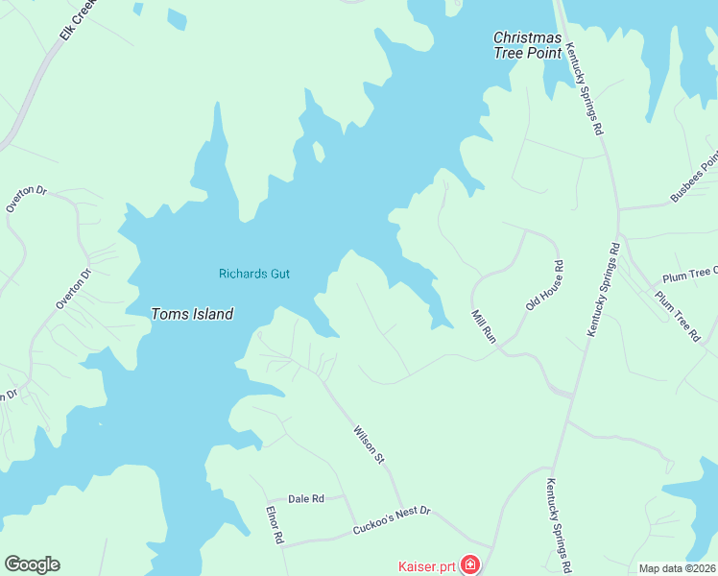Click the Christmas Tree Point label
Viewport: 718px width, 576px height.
[527, 45]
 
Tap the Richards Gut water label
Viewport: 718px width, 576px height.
[254, 274]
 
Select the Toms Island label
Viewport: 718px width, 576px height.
[192, 314]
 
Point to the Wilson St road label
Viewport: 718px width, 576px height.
[369, 445]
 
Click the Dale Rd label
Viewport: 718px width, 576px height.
[306, 498]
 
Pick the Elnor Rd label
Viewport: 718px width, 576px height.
[275, 525]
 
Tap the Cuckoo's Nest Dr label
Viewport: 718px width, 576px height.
[392, 521]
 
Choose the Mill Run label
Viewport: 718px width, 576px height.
[482, 327]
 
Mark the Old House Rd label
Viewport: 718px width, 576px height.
[543, 285]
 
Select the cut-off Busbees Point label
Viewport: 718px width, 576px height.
[693, 180]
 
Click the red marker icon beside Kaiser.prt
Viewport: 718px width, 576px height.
[470, 564]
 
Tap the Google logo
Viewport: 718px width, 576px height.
[32, 564]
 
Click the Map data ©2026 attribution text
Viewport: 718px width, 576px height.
[677, 568]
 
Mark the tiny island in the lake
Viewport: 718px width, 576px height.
[319, 151]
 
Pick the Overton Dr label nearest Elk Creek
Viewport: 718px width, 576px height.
[26, 198]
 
